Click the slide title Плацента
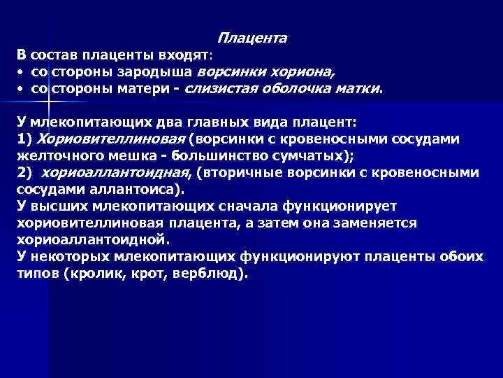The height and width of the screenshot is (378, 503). click(x=251, y=38)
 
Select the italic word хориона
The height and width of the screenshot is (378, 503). click(x=303, y=72)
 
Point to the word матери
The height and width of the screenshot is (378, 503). click(x=152, y=89)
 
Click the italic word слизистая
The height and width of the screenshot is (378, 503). click(x=220, y=89)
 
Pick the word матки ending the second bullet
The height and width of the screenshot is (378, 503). click(x=360, y=89)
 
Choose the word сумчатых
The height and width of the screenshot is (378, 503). click(x=312, y=155)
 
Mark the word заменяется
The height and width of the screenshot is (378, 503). click(x=378, y=223)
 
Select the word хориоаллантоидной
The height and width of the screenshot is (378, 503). click(x=91, y=239)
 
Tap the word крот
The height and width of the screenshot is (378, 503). click(x=159, y=274)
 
